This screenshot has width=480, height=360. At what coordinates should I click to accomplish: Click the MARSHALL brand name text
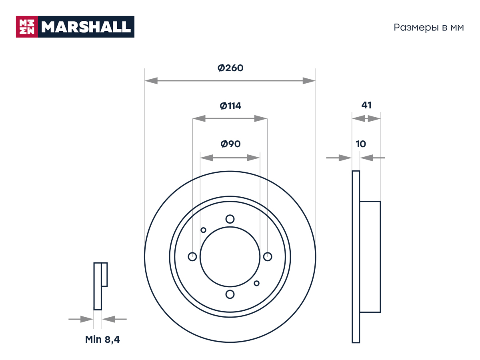(x=86, y=27)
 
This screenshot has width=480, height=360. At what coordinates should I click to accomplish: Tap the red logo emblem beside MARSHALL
(x=27, y=27)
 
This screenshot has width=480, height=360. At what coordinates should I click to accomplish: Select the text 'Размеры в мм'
(x=429, y=28)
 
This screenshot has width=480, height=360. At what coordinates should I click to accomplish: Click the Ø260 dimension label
(x=230, y=68)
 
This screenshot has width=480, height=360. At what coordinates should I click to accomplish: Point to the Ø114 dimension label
(x=230, y=106)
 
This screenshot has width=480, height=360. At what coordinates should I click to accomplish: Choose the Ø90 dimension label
(x=230, y=144)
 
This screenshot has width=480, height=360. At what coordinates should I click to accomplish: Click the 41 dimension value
(x=366, y=105)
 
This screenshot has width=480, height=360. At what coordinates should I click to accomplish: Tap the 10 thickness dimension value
(x=361, y=144)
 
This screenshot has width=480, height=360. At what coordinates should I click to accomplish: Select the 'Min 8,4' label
(x=102, y=340)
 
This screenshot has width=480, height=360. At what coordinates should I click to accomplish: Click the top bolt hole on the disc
(x=230, y=219)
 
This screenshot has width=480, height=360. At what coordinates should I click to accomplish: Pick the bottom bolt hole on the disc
(x=230, y=294)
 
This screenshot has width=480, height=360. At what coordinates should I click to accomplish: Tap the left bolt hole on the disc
(x=192, y=257)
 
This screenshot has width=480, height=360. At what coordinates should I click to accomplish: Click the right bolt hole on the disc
(x=268, y=257)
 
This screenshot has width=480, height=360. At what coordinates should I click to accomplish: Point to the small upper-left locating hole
(x=203, y=230)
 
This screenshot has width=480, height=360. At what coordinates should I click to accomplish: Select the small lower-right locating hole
(x=256, y=283)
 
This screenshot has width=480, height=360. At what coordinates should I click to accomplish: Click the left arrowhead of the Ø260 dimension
(x=151, y=81)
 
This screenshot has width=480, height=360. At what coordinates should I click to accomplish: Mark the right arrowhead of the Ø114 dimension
(x=261, y=118)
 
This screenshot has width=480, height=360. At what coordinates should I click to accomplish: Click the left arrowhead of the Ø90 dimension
(x=207, y=158)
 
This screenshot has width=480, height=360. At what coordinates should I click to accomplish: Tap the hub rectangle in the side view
(x=370, y=257)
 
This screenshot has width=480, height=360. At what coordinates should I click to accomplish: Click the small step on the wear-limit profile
(x=104, y=274)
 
